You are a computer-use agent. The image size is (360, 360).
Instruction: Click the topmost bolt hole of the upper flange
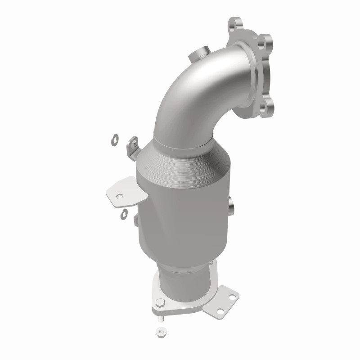(x=234, y=22)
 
